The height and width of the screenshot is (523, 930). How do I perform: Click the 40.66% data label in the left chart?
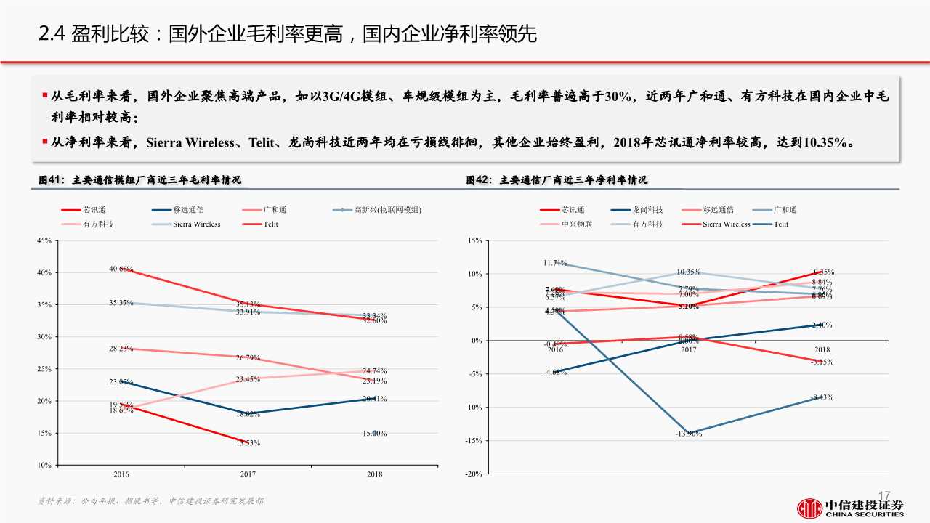121,269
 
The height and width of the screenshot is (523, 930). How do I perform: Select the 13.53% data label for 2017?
248,443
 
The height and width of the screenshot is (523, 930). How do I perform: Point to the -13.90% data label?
688,434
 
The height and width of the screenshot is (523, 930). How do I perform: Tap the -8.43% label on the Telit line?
822,397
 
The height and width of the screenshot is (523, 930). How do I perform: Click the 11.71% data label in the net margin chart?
555,262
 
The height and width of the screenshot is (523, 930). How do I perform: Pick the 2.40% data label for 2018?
822,325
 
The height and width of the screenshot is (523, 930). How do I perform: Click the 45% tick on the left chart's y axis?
44,240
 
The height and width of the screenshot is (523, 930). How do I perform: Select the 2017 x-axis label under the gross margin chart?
248,474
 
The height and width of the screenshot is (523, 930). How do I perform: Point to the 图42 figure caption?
557,179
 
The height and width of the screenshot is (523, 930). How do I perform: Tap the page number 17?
884,495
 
